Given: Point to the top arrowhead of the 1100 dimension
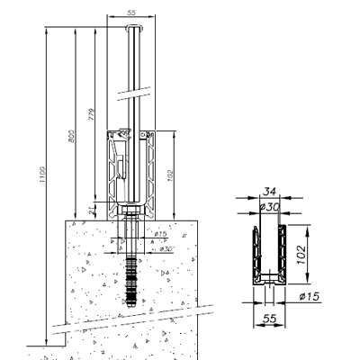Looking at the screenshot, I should tap(45, 28).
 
